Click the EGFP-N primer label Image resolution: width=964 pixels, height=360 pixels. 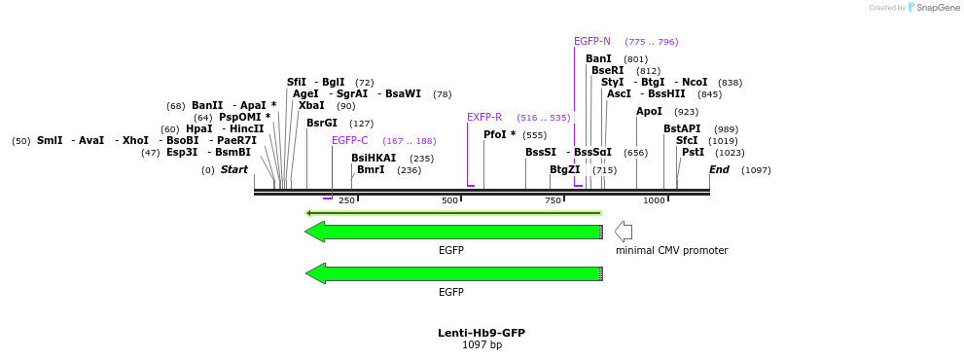(x=592, y=42)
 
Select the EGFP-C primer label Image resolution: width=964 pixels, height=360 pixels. (x=350, y=141)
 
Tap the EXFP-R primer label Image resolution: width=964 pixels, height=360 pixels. (x=484, y=118)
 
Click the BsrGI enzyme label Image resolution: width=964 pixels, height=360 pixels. (x=322, y=124)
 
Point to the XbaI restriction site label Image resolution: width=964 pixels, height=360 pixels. (x=311, y=106)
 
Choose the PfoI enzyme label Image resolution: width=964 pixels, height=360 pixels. (x=500, y=135)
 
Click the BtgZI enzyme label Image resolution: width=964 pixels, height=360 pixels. (x=564, y=170)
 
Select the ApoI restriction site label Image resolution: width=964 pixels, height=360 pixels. (x=649, y=112)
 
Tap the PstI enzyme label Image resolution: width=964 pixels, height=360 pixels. (x=693, y=153)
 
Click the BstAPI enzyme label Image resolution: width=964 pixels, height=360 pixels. (x=682, y=129)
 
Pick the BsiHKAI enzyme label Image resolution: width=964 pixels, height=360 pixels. (x=374, y=159)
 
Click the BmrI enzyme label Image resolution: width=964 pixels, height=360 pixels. (x=371, y=170)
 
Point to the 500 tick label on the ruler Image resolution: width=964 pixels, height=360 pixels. (x=449, y=201)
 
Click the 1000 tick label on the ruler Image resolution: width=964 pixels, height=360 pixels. (x=654, y=201)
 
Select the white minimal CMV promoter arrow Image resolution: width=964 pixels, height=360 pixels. (x=624, y=232)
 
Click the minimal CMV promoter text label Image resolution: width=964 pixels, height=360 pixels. (x=671, y=251)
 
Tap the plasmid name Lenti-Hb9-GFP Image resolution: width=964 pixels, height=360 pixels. (x=482, y=333)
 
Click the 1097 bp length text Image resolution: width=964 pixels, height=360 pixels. (x=482, y=345)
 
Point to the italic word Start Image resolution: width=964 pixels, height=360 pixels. (x=234, y=170)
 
